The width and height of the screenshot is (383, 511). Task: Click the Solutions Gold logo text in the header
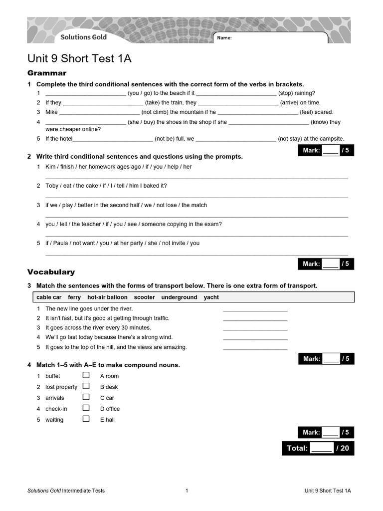pos(83,37)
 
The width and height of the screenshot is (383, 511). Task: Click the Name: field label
pos(224,38)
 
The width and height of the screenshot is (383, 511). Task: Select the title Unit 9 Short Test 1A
pos(79,59)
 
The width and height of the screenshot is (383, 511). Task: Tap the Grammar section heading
pos(46,73)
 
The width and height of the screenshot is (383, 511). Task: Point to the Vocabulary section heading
pos(51,272)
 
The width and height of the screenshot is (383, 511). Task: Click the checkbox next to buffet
pos(86,375)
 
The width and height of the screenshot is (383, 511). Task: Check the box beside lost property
pos(86,386)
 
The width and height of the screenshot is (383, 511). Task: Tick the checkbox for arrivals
pos(86,397)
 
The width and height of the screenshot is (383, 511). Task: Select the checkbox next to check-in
pos(86,408)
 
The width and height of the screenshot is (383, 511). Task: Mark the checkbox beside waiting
pos(86,419)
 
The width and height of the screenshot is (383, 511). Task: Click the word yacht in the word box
pos(211,297)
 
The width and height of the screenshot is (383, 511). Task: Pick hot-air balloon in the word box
pos(107,297)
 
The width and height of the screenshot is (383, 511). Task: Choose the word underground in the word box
pos(179,297)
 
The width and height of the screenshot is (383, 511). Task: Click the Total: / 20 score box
pos(318,448)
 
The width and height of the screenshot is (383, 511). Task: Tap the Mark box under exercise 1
pos(326,150)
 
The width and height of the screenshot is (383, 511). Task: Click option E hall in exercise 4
pos(107,420)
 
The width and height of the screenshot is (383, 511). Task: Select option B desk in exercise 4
pos(109,387)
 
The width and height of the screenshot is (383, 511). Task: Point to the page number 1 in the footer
pos(187,491)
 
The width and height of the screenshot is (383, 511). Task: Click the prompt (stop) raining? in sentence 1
pos(296,93)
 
